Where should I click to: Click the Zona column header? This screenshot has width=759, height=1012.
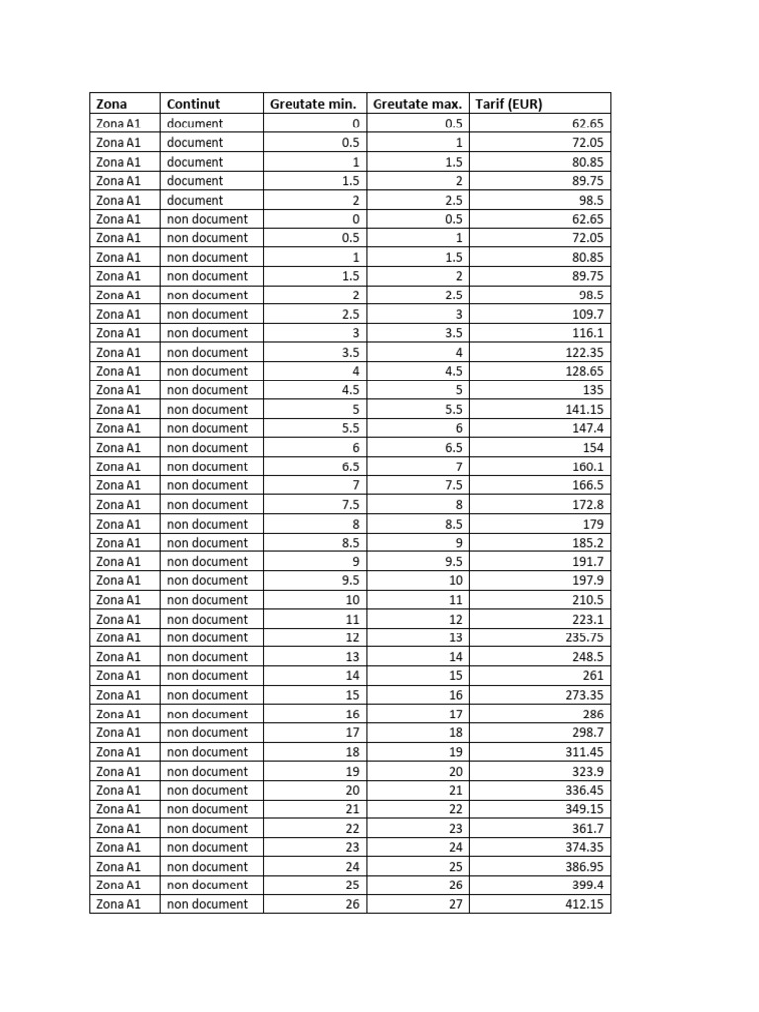(x=111, y=104)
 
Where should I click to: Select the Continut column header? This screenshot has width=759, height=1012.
(x=194, y=104)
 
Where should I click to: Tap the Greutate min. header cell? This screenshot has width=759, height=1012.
(x=312, y=104)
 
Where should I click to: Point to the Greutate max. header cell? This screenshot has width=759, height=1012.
(x=417, y=104)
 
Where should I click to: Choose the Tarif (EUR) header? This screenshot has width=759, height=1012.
(x=509, y=104)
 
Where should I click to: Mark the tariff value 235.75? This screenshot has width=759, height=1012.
(x=584, y=637)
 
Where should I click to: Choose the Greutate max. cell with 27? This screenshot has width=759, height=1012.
(x=455, y=904)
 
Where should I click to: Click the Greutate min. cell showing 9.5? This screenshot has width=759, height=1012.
(x=351, y=581)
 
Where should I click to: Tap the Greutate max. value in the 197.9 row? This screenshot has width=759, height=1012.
(x=455, y=581)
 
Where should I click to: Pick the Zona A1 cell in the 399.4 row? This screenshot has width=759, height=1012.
(x=119, y=885)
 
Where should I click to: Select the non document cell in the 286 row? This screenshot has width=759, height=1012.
(x=208, y=714)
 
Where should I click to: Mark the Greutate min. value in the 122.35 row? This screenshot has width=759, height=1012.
(x=351, y=352)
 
